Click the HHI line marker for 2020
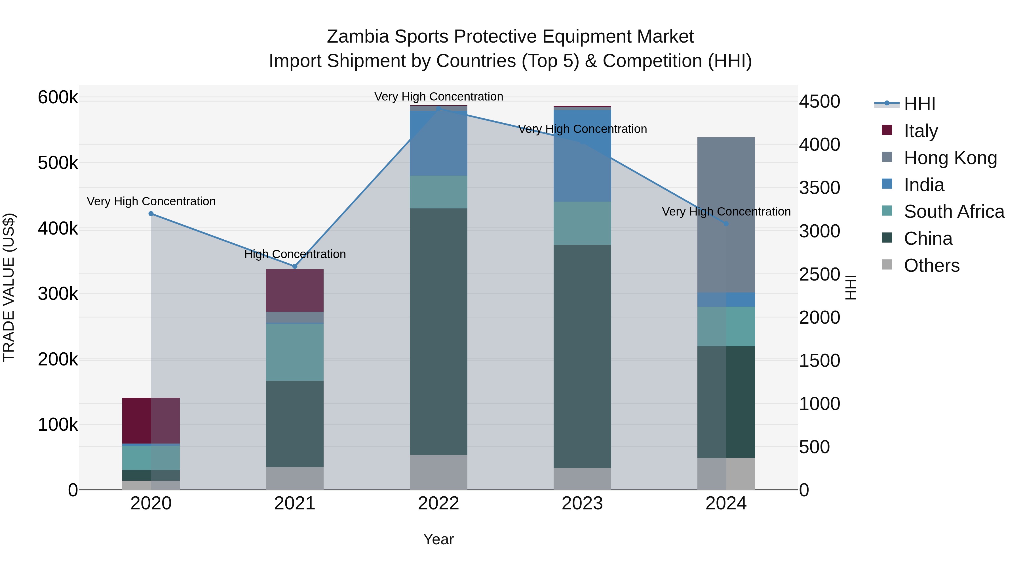(151, 214)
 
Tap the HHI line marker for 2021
(294, 266)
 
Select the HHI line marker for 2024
(726, 224)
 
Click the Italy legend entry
(920, 131)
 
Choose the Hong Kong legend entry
(950, 158)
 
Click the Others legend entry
(931, 265)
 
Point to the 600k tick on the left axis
(58, 97)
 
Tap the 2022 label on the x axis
(438, 503)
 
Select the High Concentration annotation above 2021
(295, 254)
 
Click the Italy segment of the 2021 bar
(294, 290)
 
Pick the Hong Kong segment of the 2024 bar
(726, 215)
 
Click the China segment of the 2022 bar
(438, 331)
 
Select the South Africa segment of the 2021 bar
(294, 352)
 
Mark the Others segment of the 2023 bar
(582, 478)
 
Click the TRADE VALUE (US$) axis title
(9, 287)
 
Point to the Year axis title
(438, 539)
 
